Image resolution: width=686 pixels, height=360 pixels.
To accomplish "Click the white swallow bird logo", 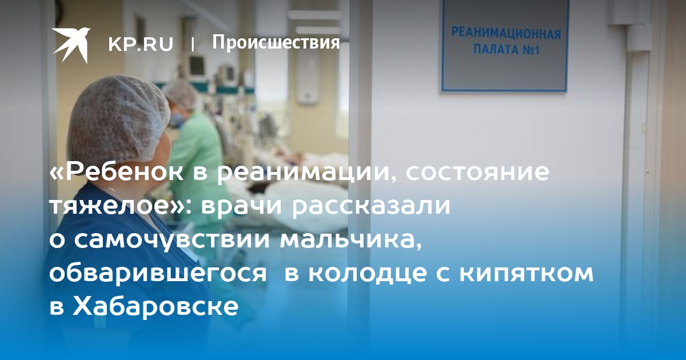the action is coord(70,45).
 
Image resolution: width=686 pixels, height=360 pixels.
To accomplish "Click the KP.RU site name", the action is coord(141,44).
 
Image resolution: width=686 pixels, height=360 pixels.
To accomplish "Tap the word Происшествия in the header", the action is coord(276,42).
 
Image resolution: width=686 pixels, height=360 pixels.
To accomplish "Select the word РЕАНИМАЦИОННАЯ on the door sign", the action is coord(506,34).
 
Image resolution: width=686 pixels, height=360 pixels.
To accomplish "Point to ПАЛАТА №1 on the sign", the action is coord(506,50).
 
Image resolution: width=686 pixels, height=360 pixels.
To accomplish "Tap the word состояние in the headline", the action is coord(477,173).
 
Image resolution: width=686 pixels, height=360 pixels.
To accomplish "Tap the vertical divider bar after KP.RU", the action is coord(193,45).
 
